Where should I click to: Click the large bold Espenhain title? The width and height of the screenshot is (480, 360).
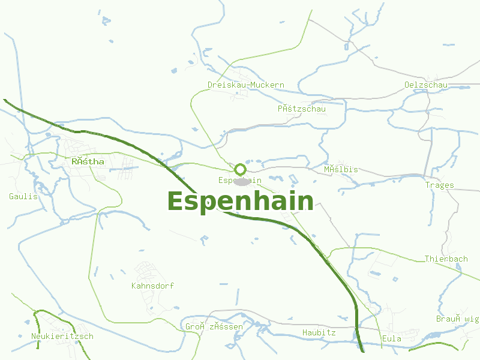(240, 201)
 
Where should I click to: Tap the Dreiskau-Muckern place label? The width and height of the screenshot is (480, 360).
(246, 85)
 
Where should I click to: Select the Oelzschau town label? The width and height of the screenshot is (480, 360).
(426, 85)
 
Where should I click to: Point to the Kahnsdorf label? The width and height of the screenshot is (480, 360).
(152, 286)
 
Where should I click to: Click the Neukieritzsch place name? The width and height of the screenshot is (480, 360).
(62, 336)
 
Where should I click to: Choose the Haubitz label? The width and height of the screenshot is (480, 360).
(319, 332)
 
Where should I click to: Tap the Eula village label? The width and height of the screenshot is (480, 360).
(392, 339)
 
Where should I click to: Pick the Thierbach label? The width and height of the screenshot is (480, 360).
(446, 259)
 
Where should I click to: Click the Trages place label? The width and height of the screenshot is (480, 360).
(440, 185)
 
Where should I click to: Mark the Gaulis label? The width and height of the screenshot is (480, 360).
(23, 196)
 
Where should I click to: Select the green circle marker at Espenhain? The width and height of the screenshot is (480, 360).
(240, 169)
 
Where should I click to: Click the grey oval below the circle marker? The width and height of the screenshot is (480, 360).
(241, 181)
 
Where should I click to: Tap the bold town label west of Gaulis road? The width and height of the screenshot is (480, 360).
(88, 161)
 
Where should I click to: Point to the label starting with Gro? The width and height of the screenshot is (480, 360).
(214, 327)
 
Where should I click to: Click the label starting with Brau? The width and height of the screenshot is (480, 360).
(458, 319)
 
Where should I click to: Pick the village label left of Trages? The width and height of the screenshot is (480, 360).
(341, 169)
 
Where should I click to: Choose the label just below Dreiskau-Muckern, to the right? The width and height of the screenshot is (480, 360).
(301, 109)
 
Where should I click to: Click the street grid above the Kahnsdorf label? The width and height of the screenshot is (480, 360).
(145, 269)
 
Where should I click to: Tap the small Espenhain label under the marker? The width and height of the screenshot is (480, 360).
(240, 181)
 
